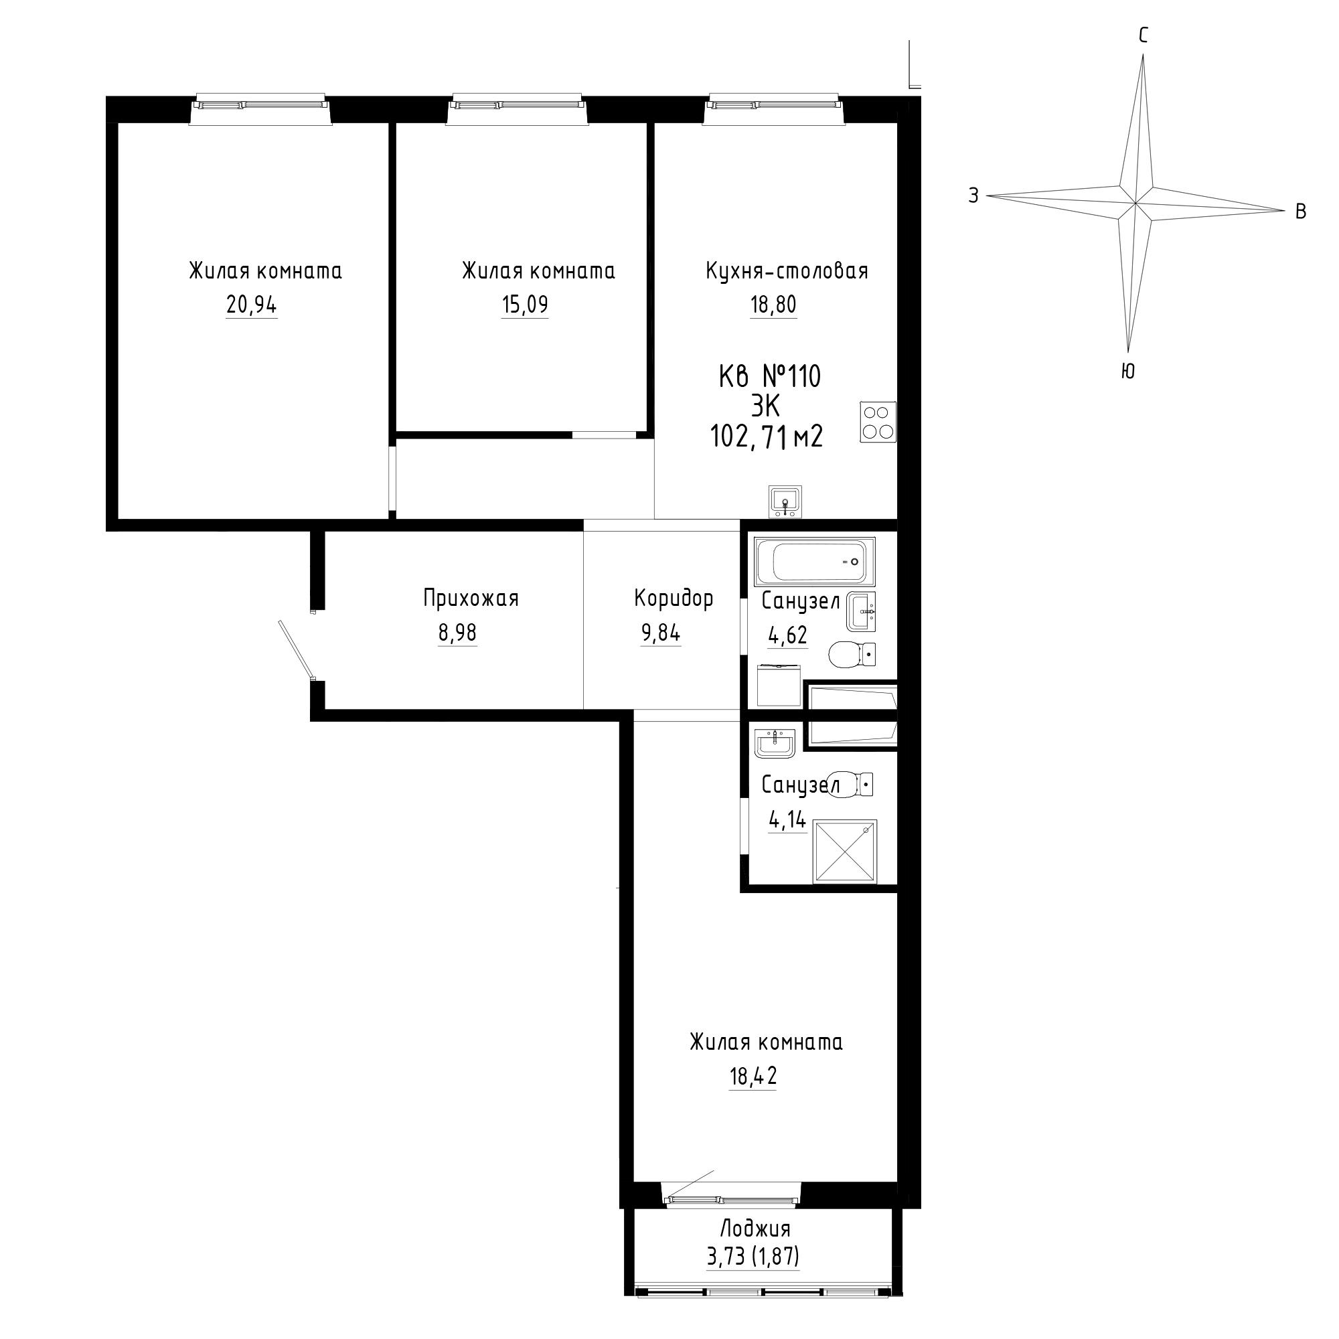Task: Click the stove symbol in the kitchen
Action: point(878,422)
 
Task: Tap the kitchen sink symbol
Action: point(785,501)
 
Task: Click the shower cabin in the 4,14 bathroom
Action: point(845,852)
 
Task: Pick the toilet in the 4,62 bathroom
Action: point(852,654)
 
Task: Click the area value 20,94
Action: point(252,304)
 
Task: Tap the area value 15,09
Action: point(525,304)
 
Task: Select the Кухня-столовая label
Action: point(787,270)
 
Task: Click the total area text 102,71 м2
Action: point(766,437)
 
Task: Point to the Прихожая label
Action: point(471,598)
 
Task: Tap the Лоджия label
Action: point(755,1229)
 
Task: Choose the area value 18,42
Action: point(753,1077)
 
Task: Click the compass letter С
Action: point(1144,35)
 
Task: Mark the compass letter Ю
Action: point(1127,372)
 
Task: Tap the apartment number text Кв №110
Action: point(769,377)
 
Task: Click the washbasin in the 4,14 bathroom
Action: point(775,744)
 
